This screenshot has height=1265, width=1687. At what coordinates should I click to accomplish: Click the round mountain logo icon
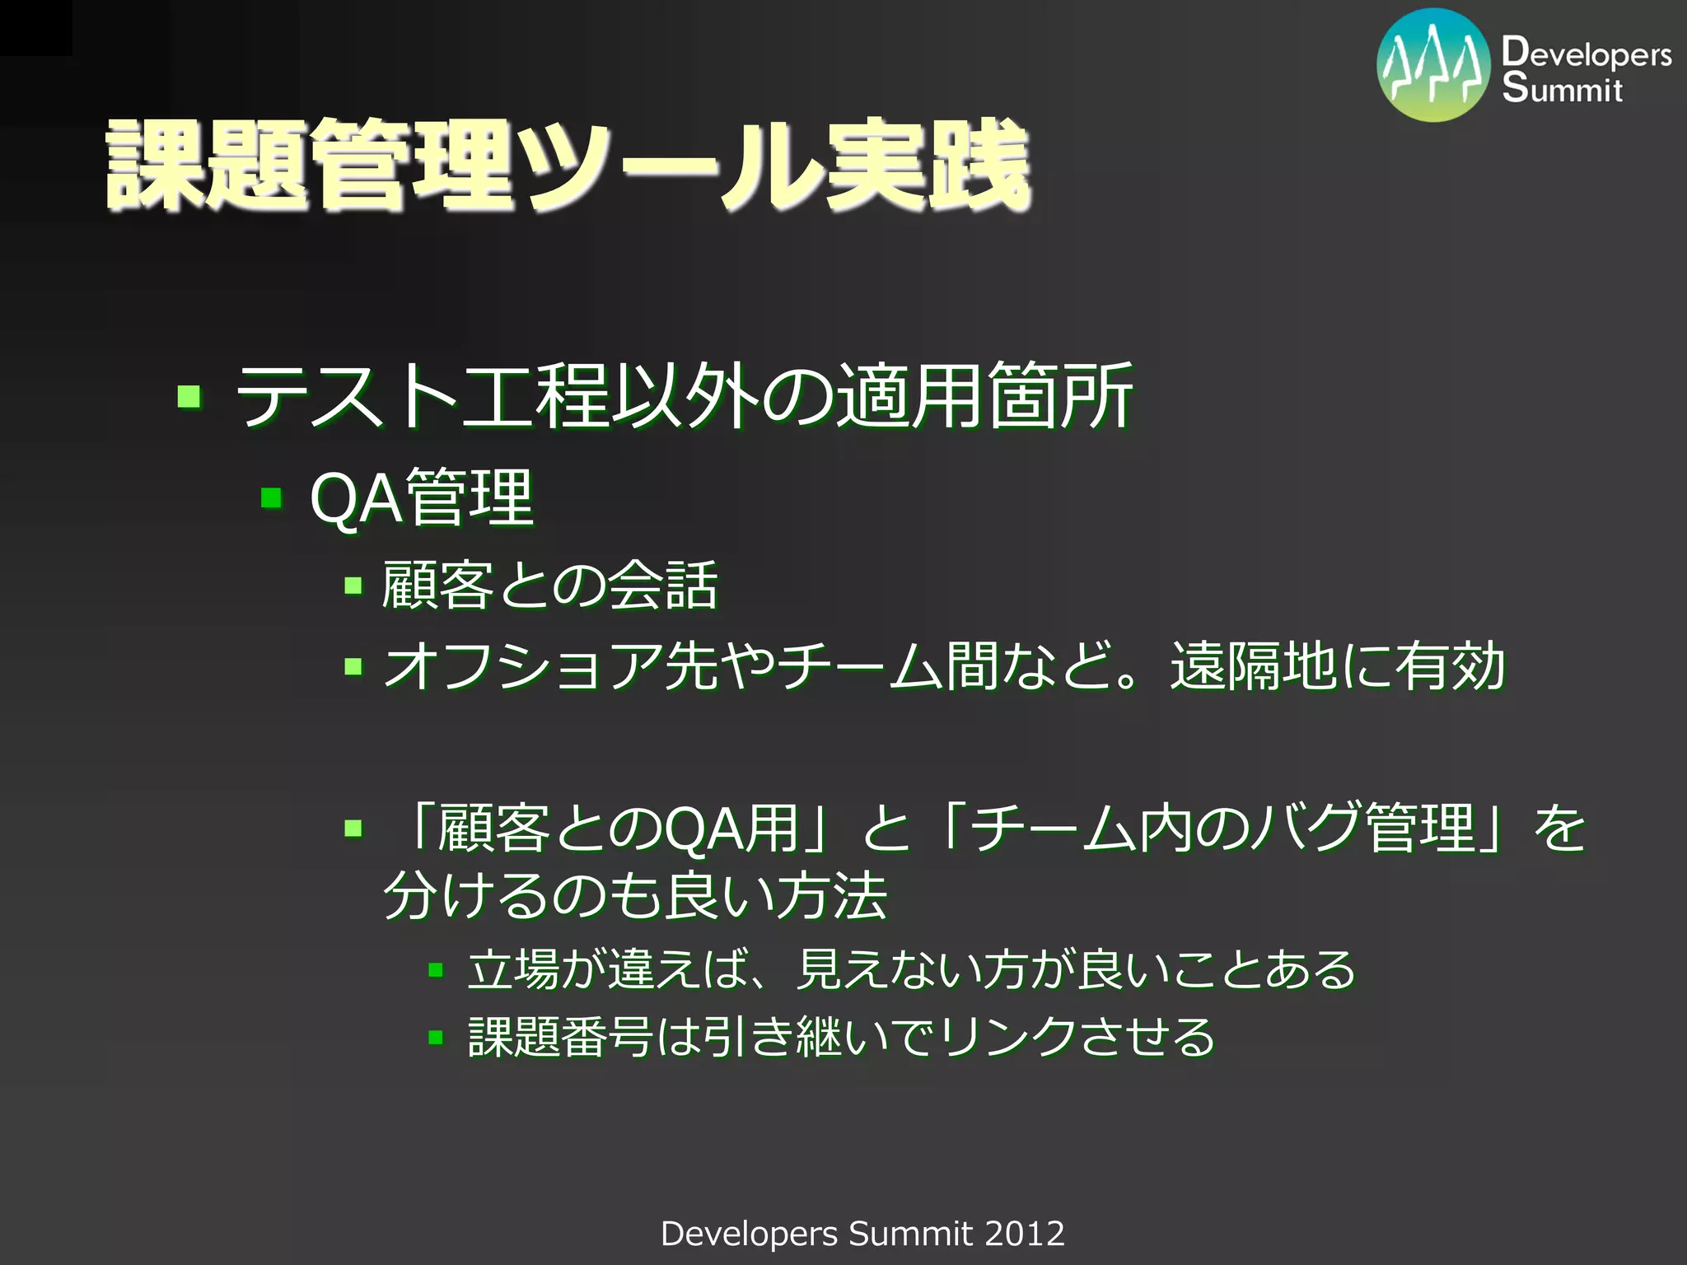click(1433, 66)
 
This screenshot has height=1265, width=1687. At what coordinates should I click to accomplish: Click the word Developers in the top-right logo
click(1586, 54)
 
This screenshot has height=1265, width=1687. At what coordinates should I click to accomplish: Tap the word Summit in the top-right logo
click(1562, 88)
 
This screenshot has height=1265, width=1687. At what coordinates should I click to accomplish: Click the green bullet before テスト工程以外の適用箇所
click(189, 397)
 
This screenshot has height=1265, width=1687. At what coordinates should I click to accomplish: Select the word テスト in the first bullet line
click(346, 397)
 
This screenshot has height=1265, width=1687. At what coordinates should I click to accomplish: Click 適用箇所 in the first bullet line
click(984, 397)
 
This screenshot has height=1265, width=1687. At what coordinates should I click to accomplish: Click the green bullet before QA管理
click(271, 498)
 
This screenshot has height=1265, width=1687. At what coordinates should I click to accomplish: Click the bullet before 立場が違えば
click(436, 970)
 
